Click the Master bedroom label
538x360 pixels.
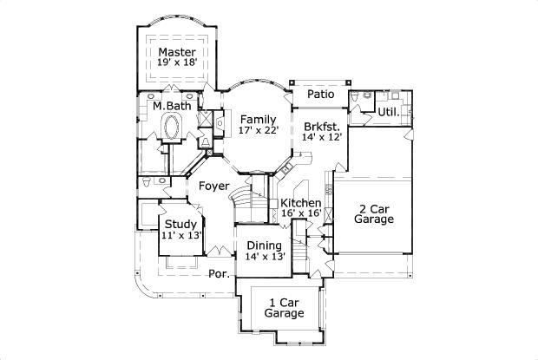point(176,52)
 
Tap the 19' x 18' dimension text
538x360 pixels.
point(176,63)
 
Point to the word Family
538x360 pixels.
point(259,119)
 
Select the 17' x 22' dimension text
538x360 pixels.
point(258,130)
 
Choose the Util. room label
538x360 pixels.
point(387,113)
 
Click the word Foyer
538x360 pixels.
point(213,187)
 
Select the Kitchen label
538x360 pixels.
point(301,202)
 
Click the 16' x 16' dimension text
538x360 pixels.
point(301,213)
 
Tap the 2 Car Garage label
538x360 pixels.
point(374,214)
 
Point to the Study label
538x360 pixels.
point(181,224)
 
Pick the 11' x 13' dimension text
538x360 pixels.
point(181,235)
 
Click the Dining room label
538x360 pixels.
point(265,245)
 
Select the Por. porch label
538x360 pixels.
point(219,275)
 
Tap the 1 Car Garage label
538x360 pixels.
point(284,307)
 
